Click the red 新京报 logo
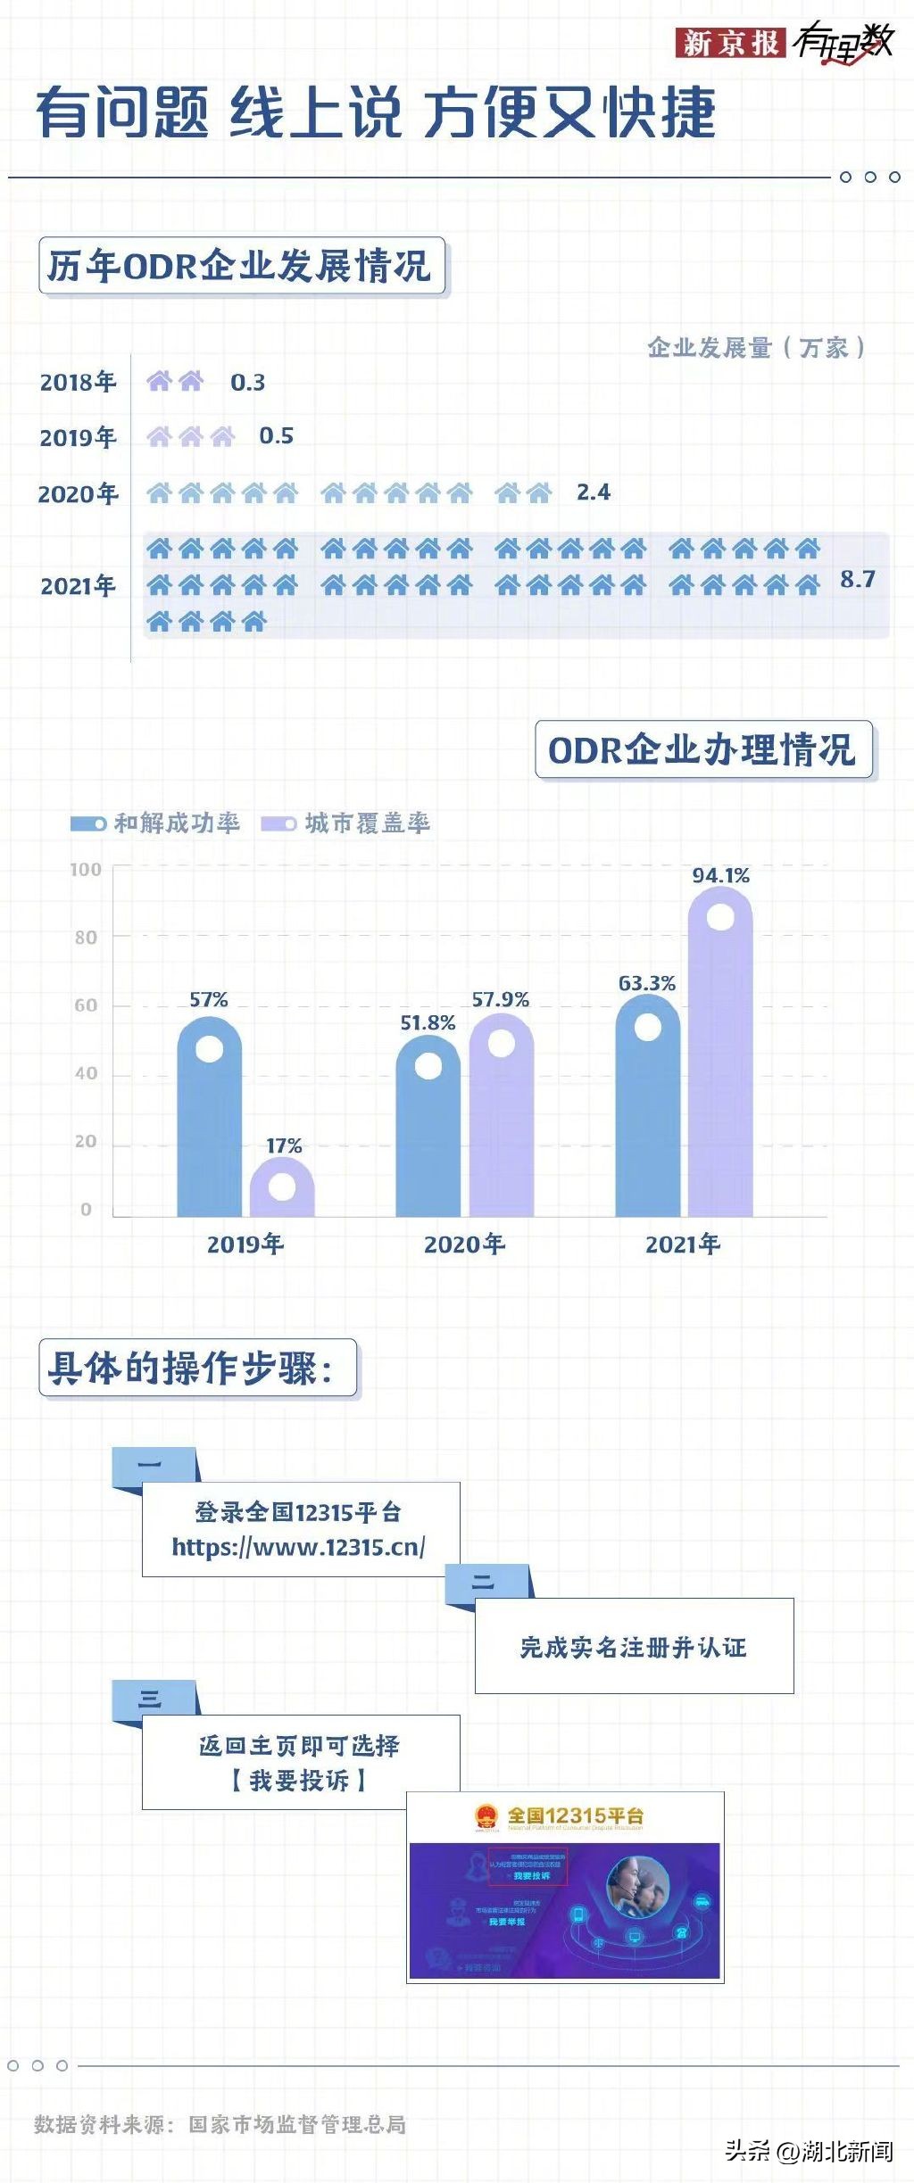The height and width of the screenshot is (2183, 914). pyautogui.click(x=730, y=42)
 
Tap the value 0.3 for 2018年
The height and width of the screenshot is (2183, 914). pyautogui.click(x=247, y=383)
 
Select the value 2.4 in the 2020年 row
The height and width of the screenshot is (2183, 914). pyautogui.click(x=594, y=492)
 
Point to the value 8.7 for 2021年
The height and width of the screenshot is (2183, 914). pyautogui.click(x=857, y=580)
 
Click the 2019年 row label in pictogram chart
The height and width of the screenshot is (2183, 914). pyautogui.click(x=78, y=437)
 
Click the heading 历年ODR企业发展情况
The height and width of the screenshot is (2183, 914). pyautogui.click(x=241, y=266)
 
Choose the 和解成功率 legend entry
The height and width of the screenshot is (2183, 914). pyautogui.click(x=155, y=823)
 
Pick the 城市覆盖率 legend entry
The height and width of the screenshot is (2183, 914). pyautogui.click(x=346, y=823)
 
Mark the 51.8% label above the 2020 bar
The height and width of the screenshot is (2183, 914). pyautogui.click(x=428, y=1022)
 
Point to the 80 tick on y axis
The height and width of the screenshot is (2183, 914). pyautogui.click(x=86, y=938)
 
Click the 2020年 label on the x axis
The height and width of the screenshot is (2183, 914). pyautogui.click(x=464, y=1244)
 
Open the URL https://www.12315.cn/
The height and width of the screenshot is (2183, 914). pyautogui.click(x=298, y=1547)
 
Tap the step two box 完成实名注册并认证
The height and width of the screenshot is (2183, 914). pyautogui.click(x=634, y=1647)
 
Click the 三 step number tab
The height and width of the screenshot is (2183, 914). pyautogui.click(x=151, y=1699)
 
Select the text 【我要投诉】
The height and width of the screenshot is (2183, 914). pyautogui.click(x=298, y=1781)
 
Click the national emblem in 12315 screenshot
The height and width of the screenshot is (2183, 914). pyautogui.click(x=486, y=1816)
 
